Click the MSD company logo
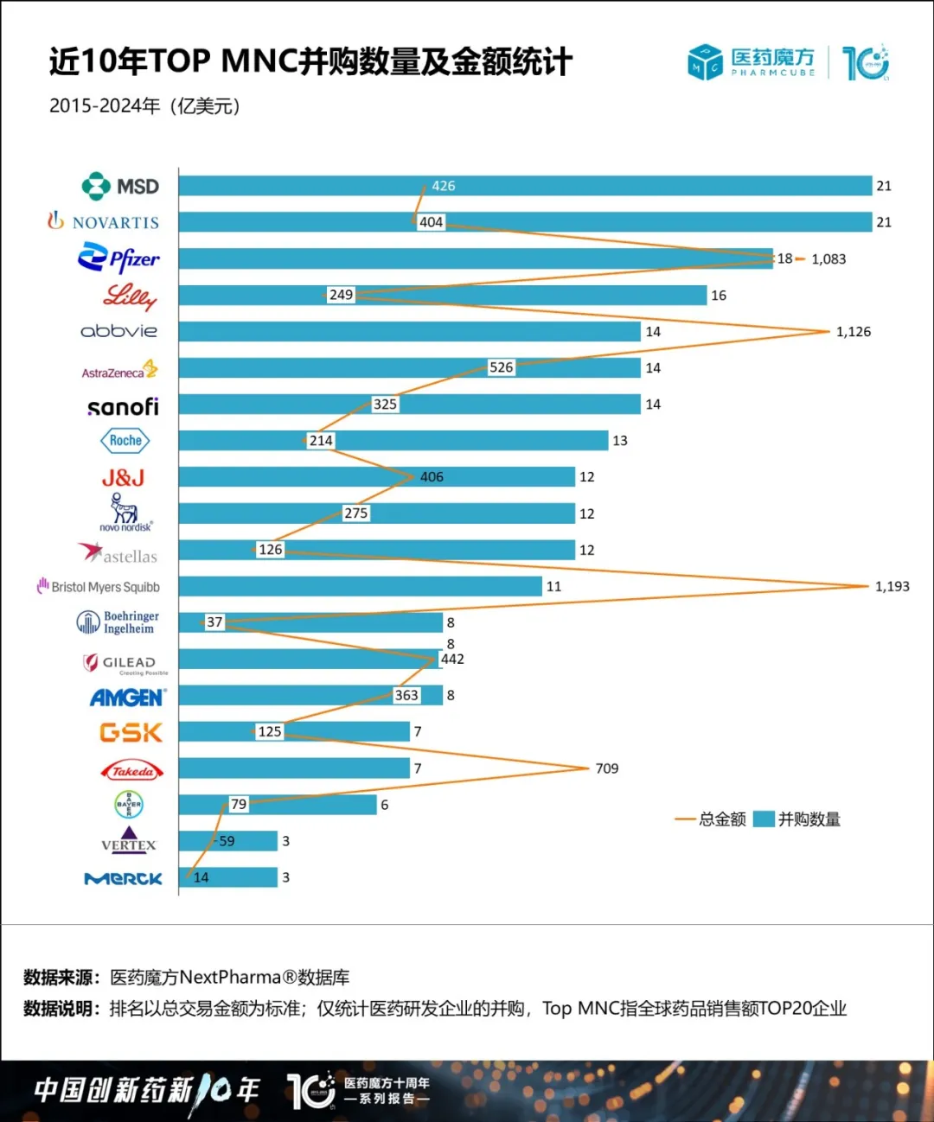tap(120, 186)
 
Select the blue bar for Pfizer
tap(476, 258)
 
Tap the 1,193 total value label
tap(892, 586)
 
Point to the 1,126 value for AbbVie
tap(853, 332)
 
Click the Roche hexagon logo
tap(125, 441)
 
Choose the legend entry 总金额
tap(711, 819)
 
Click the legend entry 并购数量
tap(797, 819)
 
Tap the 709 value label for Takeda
tap(606, 768)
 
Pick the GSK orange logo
tap(131, 733)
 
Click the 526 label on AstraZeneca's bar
tap(501, 367)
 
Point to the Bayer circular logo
tap(129, 805)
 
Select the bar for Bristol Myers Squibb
tap(360, 586)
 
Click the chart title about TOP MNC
tap(310, 62)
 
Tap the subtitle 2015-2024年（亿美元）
tap(144, 106)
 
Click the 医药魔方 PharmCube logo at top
tap(752, 62)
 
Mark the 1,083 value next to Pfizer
tap(828, 259)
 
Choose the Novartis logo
tap(104, 222)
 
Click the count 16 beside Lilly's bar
tap(718, 296)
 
